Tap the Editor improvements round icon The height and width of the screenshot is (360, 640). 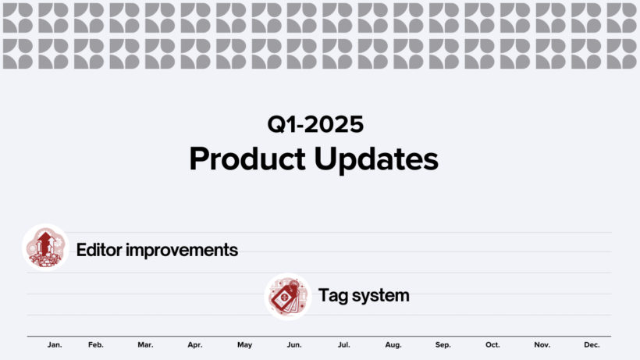tap(45, 248)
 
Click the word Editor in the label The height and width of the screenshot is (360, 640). tap(99, 251)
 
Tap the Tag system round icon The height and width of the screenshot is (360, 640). tap(288, 296)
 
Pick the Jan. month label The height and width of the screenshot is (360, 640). tap(55, 345)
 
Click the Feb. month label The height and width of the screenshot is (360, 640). tap(96, 345)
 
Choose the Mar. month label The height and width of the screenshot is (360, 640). tap(145, 345)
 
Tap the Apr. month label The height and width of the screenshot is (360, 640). tap(195, 345)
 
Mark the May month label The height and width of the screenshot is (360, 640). tap(245, 345)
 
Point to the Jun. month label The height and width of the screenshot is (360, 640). tap(294, 345)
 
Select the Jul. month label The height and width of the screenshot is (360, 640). tap(343, 345)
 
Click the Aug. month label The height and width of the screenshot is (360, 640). tap(393, 345)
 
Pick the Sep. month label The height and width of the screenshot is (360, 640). tap(443, 345)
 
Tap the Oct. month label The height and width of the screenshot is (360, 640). tap(492, 345)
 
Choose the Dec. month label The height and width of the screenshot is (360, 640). tap(592, 345)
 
